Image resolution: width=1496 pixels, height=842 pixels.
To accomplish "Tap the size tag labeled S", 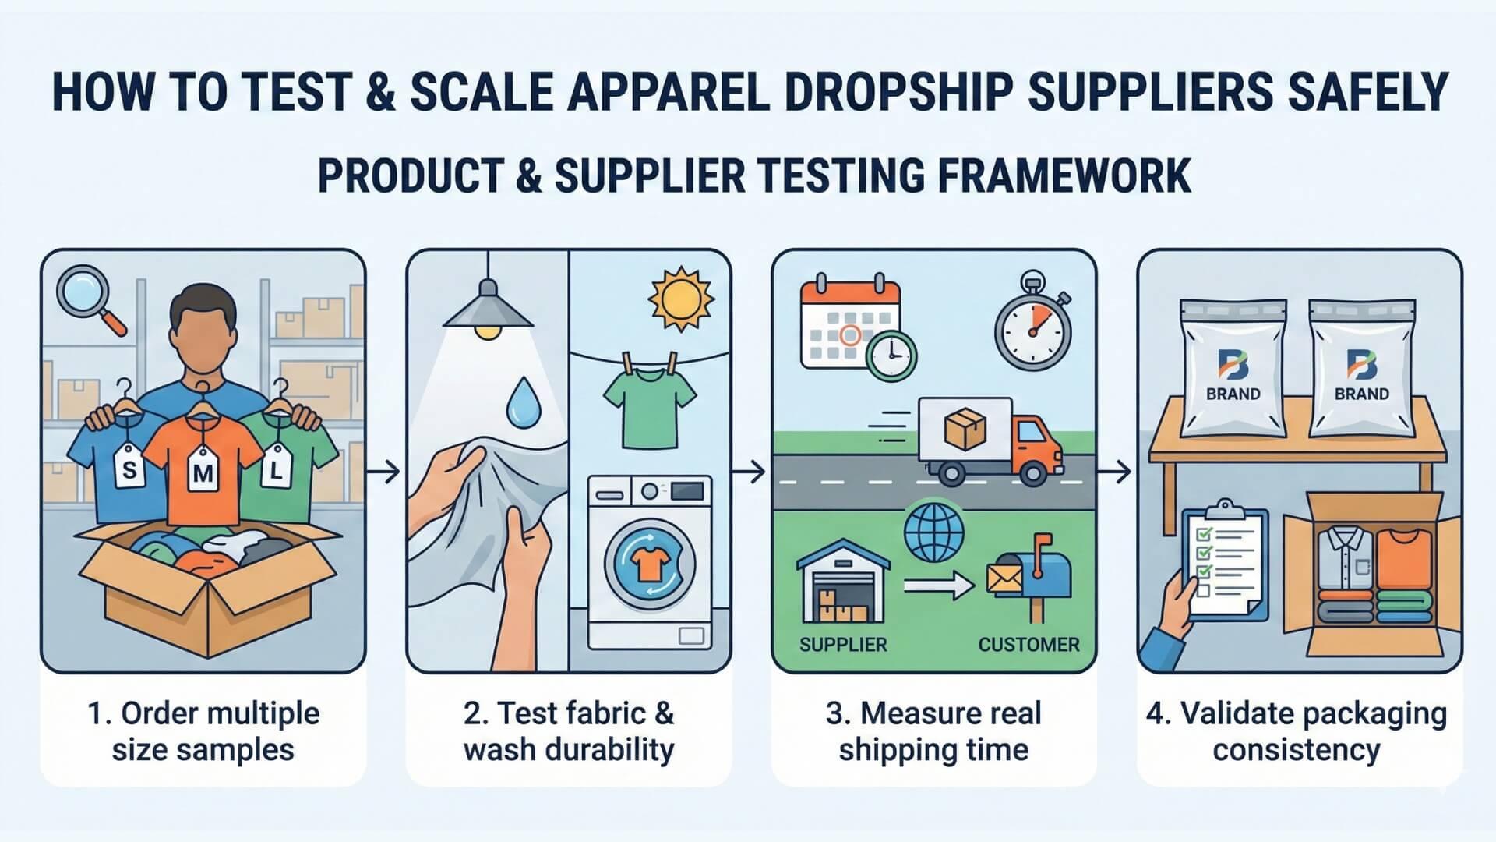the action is pos(129,467).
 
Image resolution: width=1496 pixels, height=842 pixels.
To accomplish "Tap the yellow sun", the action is pos(681,299).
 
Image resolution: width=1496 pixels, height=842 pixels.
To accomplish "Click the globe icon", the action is pos(933,534).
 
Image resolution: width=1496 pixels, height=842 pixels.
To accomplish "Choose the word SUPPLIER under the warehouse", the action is pos(843,645).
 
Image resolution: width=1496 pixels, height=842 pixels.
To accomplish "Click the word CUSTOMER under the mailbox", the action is pos(1028,645).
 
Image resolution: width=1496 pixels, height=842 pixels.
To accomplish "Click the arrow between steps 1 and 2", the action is pos(384,471).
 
